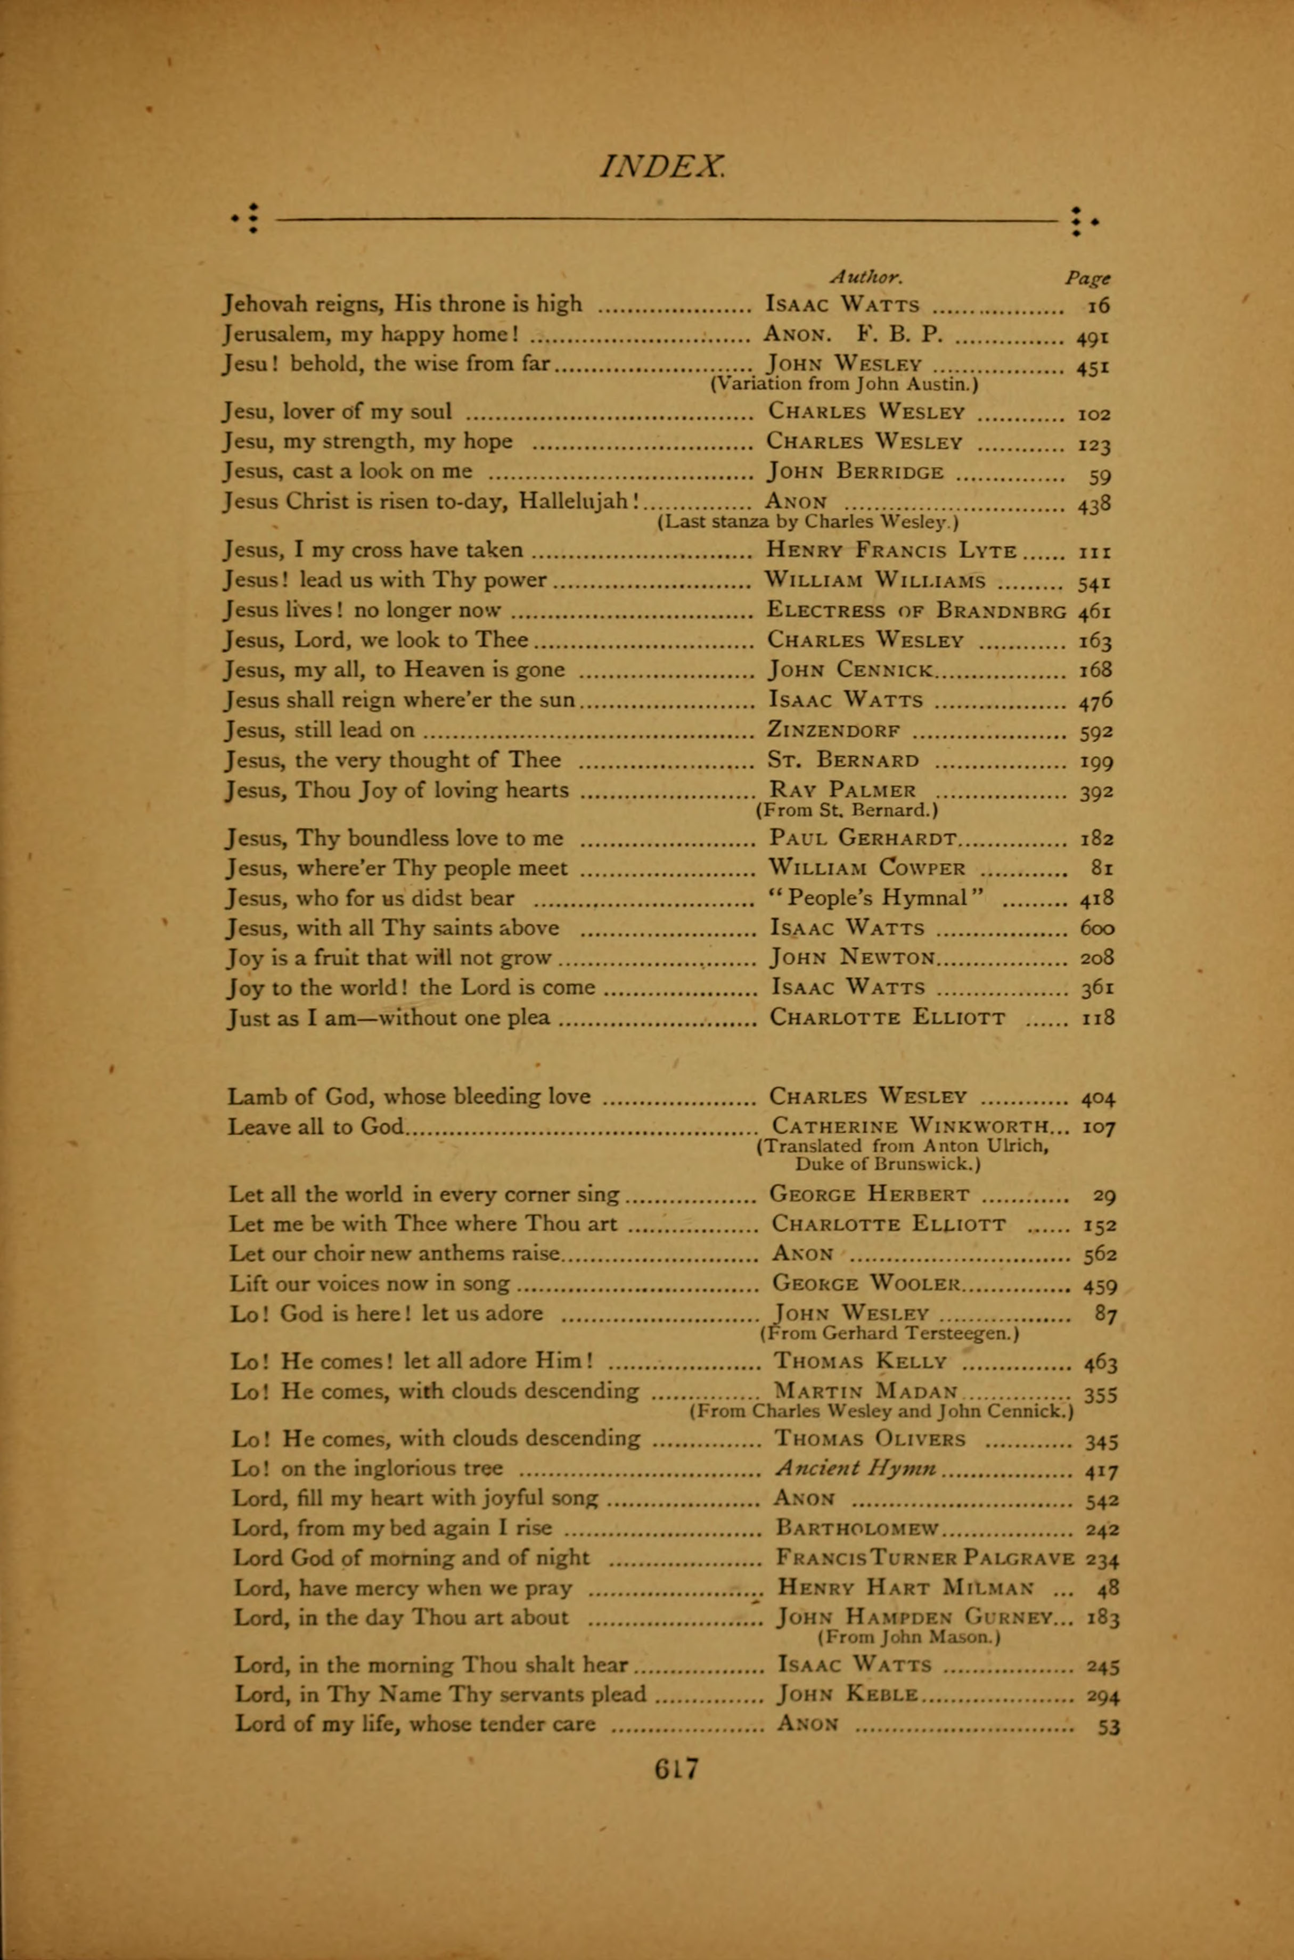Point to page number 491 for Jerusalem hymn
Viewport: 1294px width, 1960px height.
[1093, 336]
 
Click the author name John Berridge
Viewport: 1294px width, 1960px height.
[856, 472]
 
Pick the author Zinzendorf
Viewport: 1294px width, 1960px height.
[834, 731]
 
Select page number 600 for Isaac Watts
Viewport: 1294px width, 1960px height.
[1097, 929]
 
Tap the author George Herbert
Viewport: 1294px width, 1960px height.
[870, 1194]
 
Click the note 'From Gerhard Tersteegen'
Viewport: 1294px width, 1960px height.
[889, 1333]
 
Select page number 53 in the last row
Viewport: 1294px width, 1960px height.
[1108, 1726]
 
